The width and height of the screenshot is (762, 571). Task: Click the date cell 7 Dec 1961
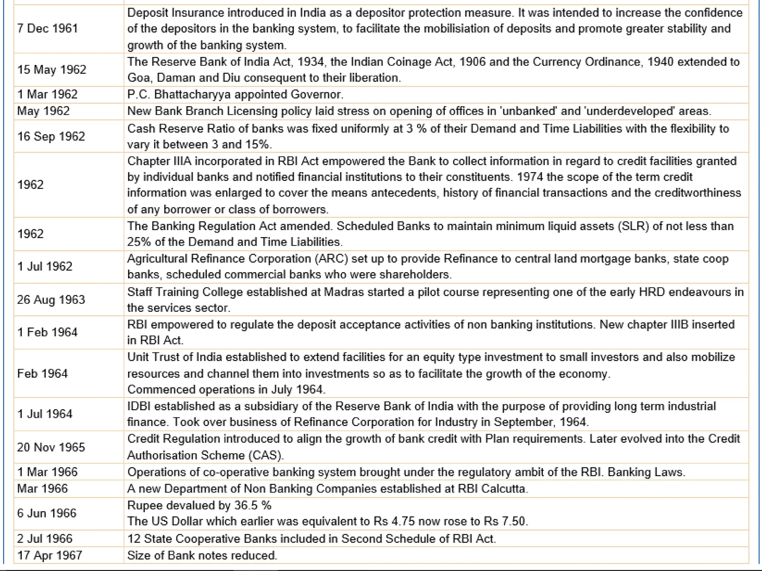(48, 29)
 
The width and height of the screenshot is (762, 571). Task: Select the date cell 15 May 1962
(52, 70)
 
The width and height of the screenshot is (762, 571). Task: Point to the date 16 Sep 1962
(51, 136)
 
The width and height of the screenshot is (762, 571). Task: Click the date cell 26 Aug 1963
(51, 300)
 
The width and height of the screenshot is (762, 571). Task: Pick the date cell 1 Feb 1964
(48, 332)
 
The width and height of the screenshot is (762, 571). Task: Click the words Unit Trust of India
(175, 357)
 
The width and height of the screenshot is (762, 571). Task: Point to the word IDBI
(139, 406)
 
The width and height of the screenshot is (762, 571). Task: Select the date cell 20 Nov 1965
(51, 447)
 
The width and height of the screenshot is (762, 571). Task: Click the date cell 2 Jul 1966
(45, 539)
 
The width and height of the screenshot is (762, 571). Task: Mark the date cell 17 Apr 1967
(49, 555)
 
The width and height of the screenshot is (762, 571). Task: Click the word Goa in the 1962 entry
(138, 78)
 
